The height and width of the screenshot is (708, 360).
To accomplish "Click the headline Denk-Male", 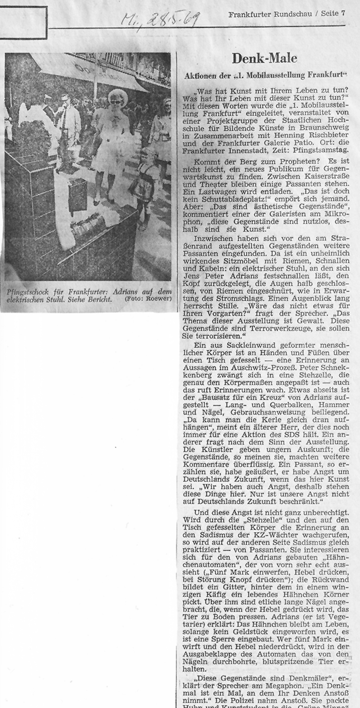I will coord(264,58).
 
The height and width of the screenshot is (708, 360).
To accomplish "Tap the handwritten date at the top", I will coord(160,20).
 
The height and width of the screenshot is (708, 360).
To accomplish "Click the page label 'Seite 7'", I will coord(333,14).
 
